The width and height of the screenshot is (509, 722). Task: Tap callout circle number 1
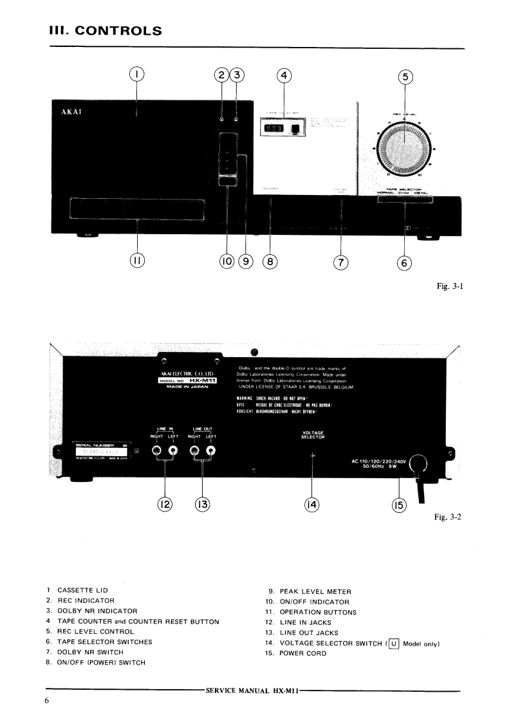coord(136,75)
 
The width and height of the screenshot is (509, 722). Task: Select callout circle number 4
coord(284,75)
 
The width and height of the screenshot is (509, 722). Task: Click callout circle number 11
coord(137,261)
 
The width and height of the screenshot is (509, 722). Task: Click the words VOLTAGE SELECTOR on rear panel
coord(313,435)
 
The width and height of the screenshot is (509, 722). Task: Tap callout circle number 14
coord(312,505)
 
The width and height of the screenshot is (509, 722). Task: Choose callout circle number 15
coord(399,506)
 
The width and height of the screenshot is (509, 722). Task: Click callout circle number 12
coord(165,505)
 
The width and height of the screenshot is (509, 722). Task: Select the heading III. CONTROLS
coord(105,31)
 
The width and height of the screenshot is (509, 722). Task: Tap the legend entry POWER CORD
coord(302,653)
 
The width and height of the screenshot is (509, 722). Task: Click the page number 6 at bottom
coord(47,701)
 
